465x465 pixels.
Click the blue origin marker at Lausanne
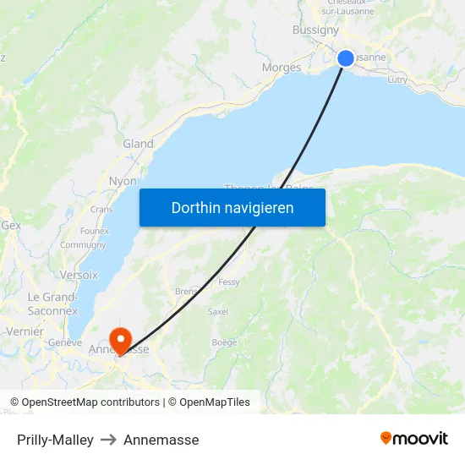(346, 58)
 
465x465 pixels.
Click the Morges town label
(282, 68)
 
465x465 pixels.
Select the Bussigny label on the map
(315, 30)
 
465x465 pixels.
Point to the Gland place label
(139, 144)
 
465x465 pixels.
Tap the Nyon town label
(123, 181)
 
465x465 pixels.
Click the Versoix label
(79, 275)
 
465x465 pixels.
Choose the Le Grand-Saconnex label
(52, 304)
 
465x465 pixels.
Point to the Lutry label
(397, 80)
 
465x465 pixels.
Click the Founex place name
(94, 230)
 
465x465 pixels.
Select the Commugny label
(83, 245)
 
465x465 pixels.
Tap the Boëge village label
(224, 342)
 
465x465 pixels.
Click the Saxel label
(218, 311)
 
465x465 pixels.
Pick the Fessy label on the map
(229, 282)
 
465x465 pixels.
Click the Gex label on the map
(11, 226)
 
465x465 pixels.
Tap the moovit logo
(414, 439)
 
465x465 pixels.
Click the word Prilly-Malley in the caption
(55, 440)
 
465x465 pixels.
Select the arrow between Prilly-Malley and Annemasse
(108, 440)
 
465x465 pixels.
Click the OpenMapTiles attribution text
(213, 402)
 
